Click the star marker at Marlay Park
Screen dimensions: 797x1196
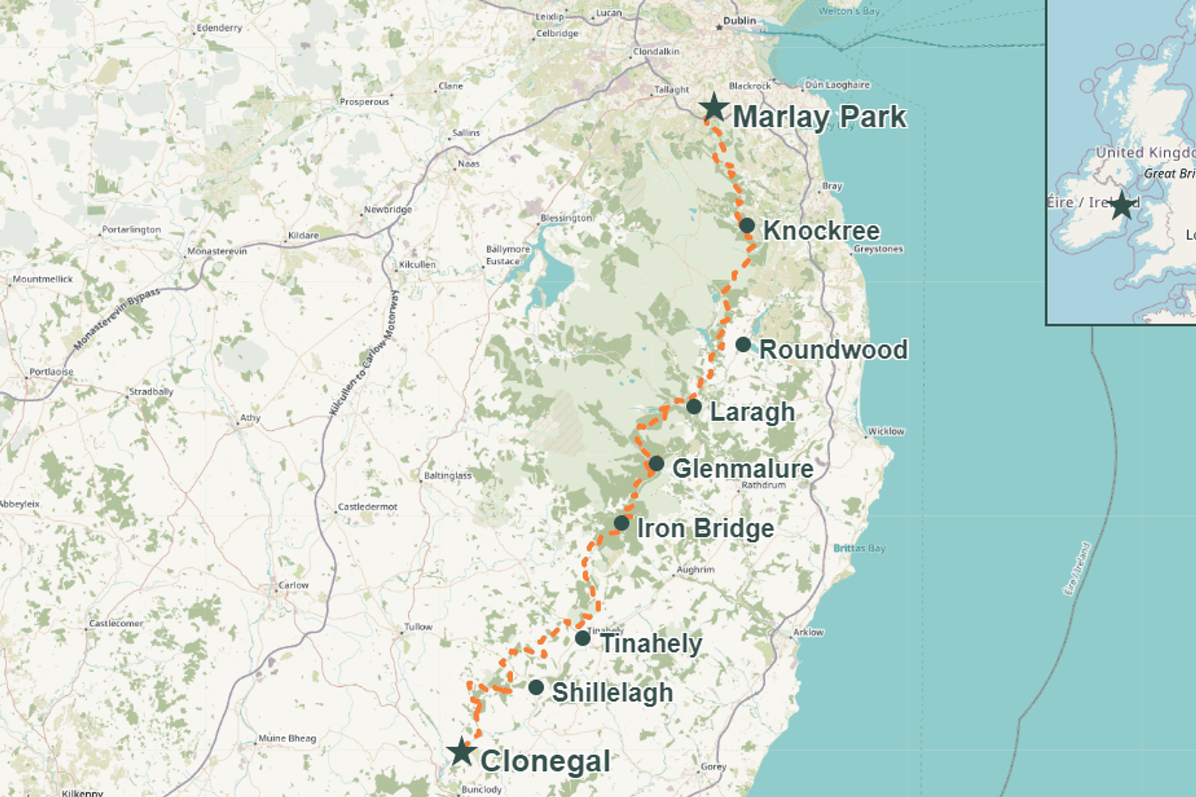(714, 108)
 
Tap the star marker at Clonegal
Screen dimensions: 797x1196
(462, 752)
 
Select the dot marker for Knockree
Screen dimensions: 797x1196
(747, 225)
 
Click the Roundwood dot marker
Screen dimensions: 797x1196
(743, 344)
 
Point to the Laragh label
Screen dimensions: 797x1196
(752, 412)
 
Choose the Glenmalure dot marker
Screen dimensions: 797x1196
(656, 463)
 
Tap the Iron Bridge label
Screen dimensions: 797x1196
(705, 528)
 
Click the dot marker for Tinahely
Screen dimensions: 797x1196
(582, 638)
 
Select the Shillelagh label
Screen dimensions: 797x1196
(612, 692)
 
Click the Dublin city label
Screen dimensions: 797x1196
(739, 21)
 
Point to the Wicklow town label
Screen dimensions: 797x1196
(886, 431)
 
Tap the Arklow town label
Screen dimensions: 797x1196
(808, 632)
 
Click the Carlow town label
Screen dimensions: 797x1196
(293, 585)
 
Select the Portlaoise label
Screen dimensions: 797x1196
(51, 372)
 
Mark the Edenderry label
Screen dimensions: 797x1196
(219, 28)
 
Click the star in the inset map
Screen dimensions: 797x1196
(1122, 205)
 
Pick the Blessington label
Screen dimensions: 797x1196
(566, 218)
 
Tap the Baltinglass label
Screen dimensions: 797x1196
(447, 476)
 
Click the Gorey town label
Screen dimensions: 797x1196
(713, 766)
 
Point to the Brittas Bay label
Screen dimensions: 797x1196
(859, 548)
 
